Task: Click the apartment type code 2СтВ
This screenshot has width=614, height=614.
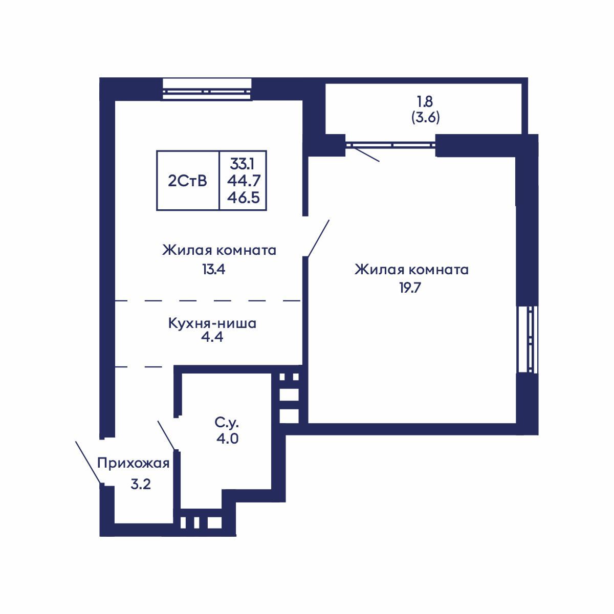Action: pos(187,181)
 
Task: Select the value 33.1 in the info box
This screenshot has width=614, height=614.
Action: pos(243,164)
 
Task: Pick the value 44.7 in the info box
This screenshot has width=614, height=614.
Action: pos(243,181)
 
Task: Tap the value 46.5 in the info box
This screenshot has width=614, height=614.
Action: pos(243,198)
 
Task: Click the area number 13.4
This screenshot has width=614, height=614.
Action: pos(213,269)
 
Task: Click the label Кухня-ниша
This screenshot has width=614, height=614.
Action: pos(212,323)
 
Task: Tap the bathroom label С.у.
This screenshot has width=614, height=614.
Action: pos(227,423)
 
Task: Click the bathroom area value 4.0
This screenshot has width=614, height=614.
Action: pos(227,439)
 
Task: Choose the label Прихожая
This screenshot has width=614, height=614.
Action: pos(133,464)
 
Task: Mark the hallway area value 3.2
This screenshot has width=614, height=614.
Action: pos(140,484)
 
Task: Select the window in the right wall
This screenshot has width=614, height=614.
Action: pos(529,339)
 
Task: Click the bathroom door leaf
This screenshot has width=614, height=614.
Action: pos(167,435)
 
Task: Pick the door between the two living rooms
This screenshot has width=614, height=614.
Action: pos(318,238)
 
